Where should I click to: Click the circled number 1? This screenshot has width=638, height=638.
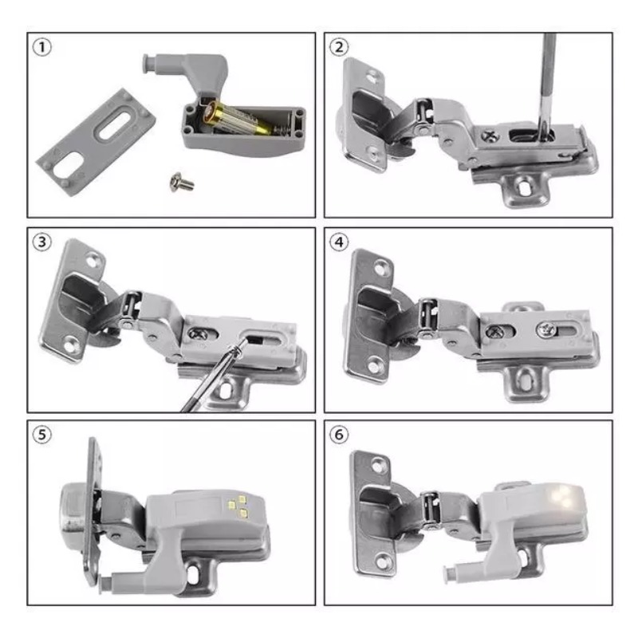[41, 47]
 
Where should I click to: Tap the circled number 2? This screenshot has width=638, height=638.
[338, 47]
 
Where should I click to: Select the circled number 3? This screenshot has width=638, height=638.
[41, 242]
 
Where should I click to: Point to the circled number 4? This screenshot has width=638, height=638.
[338, 242]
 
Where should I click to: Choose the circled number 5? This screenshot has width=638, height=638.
[41, 435]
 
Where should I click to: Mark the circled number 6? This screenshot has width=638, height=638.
[338, 435]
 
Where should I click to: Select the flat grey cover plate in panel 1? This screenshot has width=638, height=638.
[96, 142]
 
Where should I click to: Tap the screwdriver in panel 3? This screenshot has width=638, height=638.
[211, 376]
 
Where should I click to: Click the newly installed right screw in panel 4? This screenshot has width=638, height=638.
[545, 329]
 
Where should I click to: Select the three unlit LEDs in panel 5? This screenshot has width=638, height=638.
[238, 506]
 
